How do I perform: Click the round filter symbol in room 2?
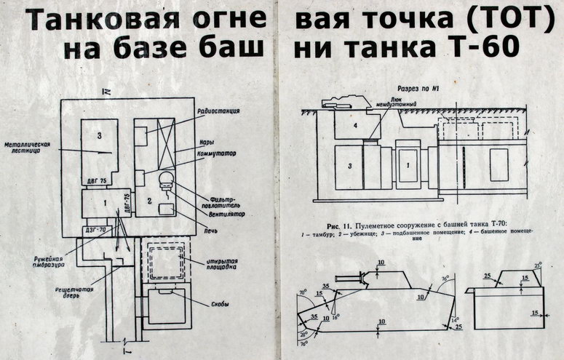click(165, 178)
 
